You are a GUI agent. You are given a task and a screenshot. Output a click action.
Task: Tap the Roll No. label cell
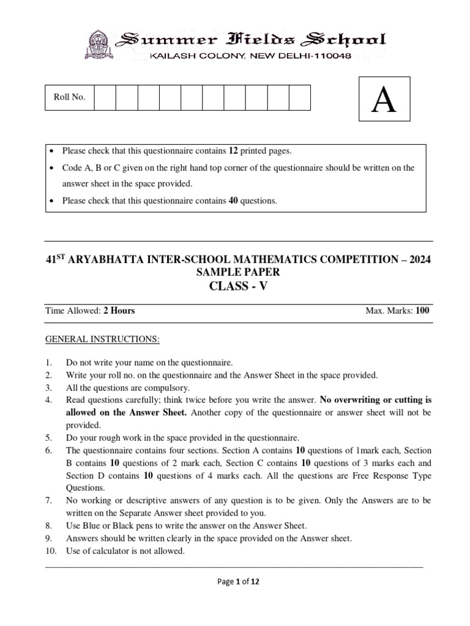click(70, 97)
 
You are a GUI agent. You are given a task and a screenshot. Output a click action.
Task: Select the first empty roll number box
click(106, 97)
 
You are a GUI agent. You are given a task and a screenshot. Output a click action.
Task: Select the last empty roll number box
click(300, 97)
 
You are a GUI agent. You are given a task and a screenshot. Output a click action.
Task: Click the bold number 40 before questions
click(233, 200)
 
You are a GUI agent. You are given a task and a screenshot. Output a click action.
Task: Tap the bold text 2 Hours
click(119, 311)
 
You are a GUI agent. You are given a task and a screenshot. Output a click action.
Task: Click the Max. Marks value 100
click(422, 311)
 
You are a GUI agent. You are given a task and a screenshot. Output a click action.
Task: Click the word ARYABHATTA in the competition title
click(108, 259)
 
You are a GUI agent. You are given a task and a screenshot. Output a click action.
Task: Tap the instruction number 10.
click(51, 551)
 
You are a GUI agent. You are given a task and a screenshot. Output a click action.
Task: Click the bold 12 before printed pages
click(233, 150)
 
